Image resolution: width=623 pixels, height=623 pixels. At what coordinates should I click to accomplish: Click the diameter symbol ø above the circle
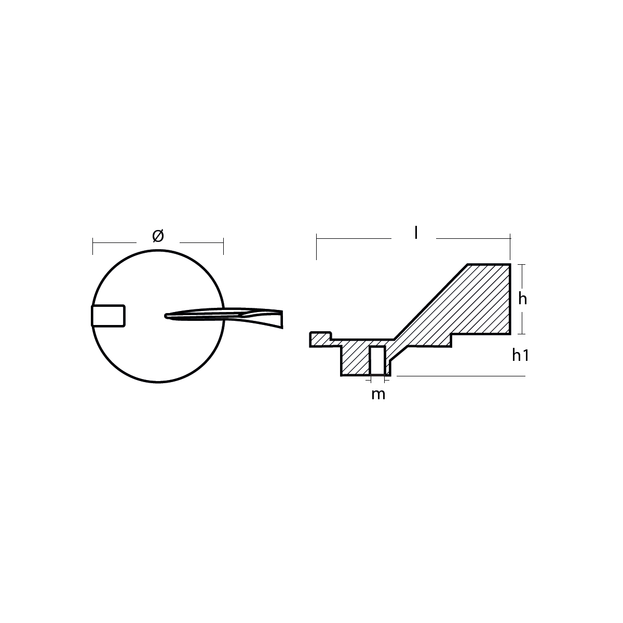tap(158, 236)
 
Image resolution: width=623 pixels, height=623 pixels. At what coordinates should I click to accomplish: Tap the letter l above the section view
tap(416, 233)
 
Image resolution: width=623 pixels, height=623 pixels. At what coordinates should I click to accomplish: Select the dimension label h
tap(522, 299)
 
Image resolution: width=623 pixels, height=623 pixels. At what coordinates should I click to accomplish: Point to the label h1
tap(520, 355)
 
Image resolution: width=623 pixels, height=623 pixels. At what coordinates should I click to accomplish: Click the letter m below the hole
tap(378, 395)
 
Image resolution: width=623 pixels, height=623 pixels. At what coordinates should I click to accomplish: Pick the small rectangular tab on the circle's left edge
tap(108, 316)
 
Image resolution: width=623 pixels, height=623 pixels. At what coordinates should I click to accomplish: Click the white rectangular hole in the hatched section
tap(377, 360)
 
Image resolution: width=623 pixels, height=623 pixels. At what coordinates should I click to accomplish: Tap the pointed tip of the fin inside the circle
tap(166, 316)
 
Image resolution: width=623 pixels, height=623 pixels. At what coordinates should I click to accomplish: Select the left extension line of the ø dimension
tap(93, 246)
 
